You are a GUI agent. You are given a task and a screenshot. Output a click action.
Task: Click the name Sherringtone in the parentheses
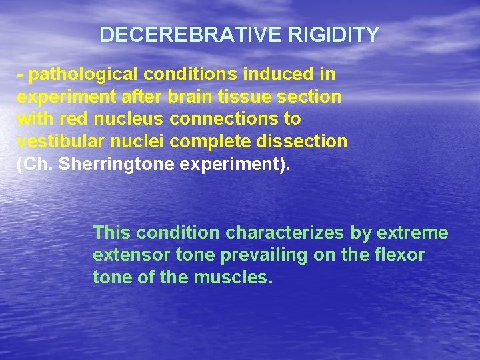point(117,165)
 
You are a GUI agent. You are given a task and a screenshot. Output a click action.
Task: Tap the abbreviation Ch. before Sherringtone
point(36,165)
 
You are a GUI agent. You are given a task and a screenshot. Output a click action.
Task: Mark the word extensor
point(129,255)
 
